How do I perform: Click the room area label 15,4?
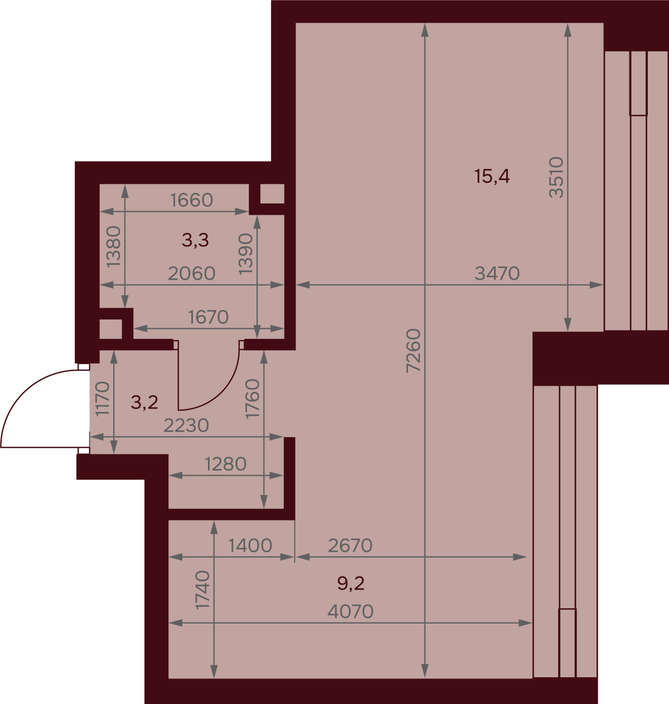492,177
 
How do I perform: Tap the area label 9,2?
351,584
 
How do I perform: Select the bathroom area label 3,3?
195,240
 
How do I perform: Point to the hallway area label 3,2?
144,402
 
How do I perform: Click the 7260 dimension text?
413,351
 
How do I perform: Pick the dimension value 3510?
556,177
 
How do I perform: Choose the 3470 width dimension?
497,274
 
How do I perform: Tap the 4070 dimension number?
350,611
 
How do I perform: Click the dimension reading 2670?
350,545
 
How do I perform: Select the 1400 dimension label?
250,545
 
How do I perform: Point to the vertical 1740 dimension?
202,590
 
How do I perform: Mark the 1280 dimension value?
226,464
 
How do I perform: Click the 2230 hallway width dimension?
186,426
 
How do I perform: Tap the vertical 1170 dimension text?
103,399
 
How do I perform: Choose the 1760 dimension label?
253,399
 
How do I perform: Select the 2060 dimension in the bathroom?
192,274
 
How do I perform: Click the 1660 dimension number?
192,200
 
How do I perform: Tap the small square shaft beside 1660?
272,193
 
